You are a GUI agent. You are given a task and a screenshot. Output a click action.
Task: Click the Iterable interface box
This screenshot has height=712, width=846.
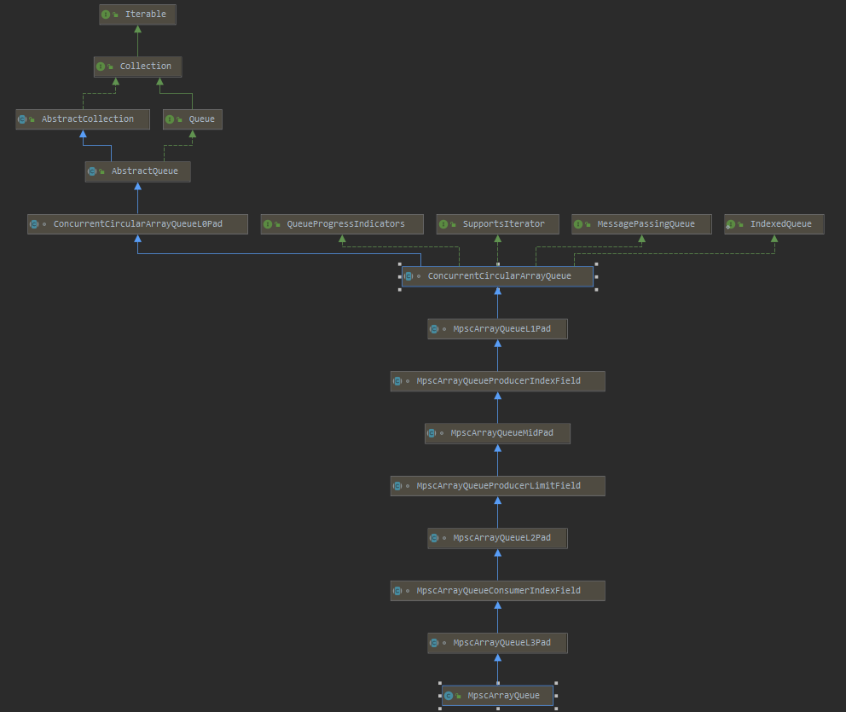(x=138, y=14)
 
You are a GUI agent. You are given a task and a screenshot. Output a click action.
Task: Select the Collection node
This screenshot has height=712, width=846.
(x=137, y=67)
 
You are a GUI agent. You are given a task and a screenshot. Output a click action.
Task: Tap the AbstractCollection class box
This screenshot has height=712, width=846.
(x=82, y=119)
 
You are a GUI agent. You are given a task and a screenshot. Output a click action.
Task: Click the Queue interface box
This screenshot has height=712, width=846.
(x=193, y=119)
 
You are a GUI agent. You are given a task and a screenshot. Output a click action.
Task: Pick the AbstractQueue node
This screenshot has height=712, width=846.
(x=137, y=171)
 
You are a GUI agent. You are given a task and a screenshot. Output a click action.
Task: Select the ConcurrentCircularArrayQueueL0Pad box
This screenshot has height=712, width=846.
(x=136, y=224)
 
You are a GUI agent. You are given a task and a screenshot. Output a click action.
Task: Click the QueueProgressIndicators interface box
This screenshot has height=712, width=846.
(x=344, y=224)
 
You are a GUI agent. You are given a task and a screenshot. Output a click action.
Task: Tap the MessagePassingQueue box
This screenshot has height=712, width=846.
(x=641, y=224)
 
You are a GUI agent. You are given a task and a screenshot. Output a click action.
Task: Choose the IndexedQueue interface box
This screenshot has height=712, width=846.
(x=774, y=224)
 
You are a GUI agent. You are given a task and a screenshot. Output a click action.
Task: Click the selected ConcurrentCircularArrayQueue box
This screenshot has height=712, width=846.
(x=497, y=276)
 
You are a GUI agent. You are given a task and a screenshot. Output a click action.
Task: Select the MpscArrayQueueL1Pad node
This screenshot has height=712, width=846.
(x=497, y=329)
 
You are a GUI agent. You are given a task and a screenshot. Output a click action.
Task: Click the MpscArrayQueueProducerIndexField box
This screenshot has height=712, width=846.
(x=497, y=381)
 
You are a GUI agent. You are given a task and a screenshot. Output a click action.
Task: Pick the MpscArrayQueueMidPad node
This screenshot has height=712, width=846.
(x=497, y=433)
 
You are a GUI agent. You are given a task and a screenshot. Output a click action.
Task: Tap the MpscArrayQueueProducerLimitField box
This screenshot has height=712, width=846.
(x=497, y=486)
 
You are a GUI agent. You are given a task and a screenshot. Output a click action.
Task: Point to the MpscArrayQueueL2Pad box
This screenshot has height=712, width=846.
(x=497, y=538)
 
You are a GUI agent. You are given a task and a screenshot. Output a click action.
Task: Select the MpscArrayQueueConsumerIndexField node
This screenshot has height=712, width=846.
(x=497, y=591)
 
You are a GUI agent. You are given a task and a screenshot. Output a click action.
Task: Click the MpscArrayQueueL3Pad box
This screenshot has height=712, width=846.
(x=497, y=643)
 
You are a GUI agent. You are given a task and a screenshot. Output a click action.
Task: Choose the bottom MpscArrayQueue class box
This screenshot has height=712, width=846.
(x=497, y=696)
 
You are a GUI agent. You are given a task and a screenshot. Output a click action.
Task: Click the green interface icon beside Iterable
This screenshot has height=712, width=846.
(x=106, y=14)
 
